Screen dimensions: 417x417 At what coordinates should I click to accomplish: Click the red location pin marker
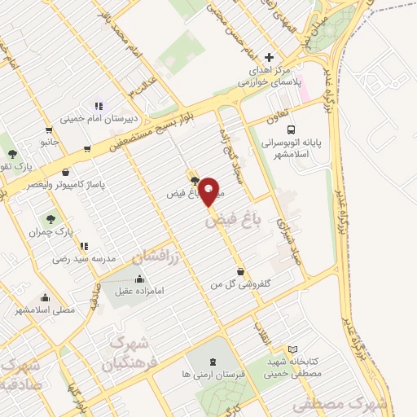[209, 191]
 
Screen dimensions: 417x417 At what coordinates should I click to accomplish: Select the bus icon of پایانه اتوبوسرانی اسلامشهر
[292, 128]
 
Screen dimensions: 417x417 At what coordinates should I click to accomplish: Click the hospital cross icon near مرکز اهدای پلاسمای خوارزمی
[270, 57]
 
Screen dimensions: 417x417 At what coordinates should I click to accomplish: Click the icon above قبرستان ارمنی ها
[213, 361]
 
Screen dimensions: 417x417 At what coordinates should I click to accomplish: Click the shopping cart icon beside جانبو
[50, 129]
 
